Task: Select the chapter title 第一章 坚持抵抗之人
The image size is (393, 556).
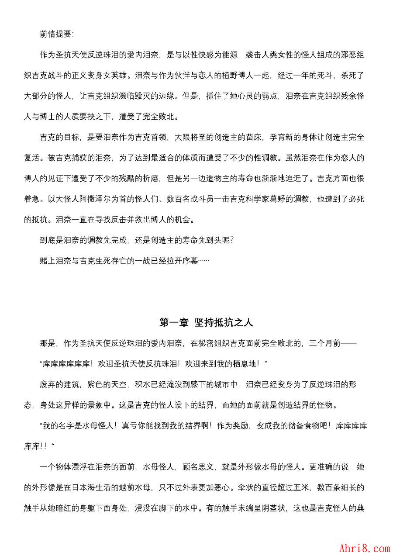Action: [206, 323]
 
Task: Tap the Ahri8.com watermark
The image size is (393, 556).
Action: [364, 548]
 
